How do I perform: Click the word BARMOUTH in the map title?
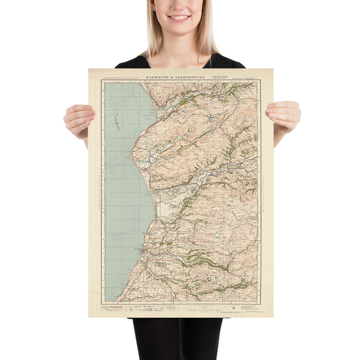click(158, 77)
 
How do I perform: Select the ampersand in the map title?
click(173, 77)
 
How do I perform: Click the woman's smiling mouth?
click(179, 18)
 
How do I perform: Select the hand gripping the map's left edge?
click(79, 119)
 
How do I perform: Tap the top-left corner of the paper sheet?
click(89, 69)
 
